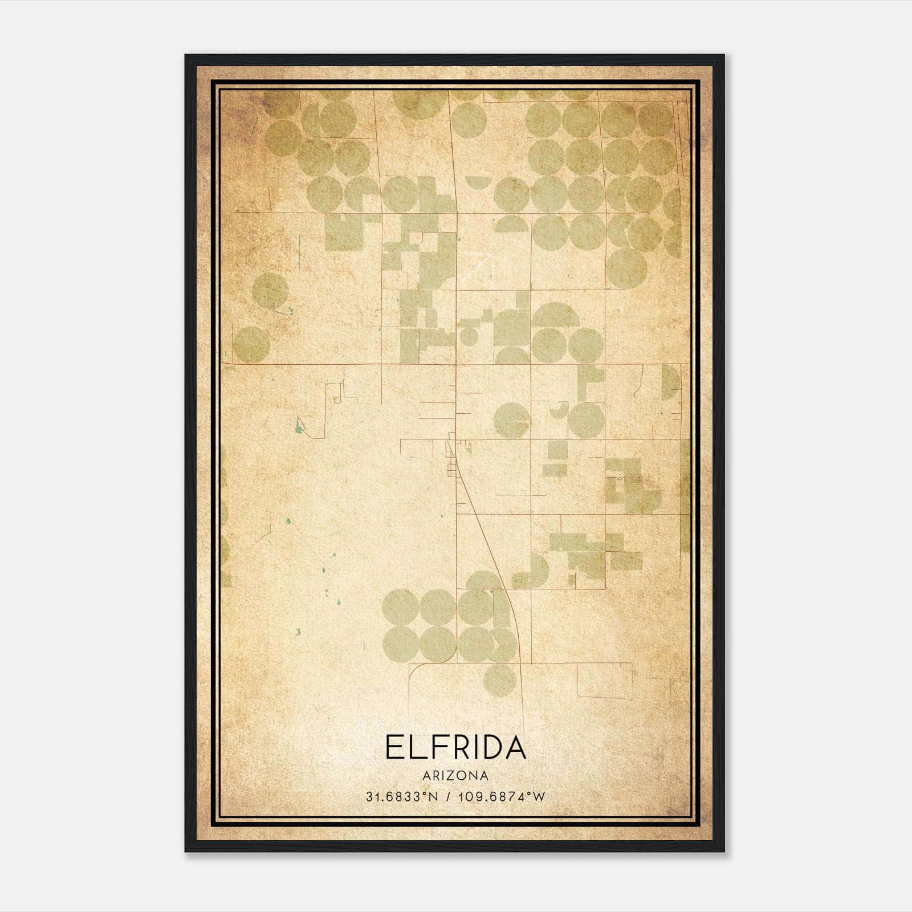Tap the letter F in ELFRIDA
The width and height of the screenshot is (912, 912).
pos(435,747)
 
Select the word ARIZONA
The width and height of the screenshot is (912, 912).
pos(455,776)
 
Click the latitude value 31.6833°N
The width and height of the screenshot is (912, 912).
pos(402,797)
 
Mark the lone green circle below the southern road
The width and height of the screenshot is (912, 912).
pos(500,679)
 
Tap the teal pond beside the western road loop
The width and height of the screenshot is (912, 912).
pos(298,425)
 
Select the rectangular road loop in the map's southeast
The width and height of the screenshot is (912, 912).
pos(604,681)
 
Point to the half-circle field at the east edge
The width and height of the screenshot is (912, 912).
pos(670,381)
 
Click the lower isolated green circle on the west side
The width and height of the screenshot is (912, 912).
pos(251,344)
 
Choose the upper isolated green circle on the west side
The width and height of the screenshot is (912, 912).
pos(270,291)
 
